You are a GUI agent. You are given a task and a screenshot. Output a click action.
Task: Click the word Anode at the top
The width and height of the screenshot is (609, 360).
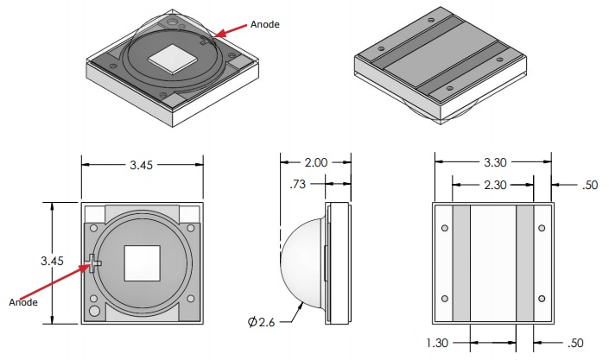point(265,25)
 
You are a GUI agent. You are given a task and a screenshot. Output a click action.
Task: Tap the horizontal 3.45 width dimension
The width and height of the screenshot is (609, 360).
point(143,166)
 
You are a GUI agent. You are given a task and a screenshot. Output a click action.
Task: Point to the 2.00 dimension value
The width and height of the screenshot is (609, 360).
point(315,162)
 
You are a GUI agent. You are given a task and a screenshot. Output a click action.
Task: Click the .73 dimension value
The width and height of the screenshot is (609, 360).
point(299,182)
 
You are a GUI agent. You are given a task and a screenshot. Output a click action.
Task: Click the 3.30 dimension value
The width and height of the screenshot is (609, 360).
point(492,162)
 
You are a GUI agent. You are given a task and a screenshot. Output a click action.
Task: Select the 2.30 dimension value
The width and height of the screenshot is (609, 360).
point(492,184)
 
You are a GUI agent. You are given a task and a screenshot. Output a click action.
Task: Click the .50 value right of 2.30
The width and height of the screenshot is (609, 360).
point(590,184)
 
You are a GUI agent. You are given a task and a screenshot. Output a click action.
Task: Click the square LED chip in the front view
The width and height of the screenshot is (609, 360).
point(143,262)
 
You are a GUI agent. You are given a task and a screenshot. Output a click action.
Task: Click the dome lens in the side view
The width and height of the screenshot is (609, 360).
point(301,262)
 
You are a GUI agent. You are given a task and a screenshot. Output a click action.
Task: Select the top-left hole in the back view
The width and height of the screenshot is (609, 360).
point(444,229)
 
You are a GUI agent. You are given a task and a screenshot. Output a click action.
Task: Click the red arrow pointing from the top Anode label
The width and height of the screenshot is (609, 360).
point(230,30)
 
